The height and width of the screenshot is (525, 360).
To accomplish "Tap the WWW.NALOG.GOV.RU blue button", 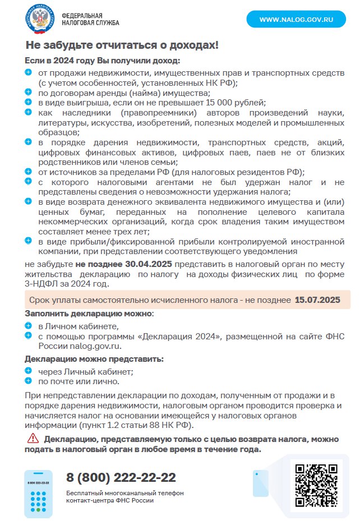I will pos(296,20).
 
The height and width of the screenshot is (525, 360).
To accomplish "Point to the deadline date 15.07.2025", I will pos(317,300).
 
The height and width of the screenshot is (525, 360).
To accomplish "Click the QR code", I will pos(316,485).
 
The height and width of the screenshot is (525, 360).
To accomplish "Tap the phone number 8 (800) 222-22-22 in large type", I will pos(121,477).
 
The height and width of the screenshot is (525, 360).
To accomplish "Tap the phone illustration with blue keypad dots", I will pos(38,493).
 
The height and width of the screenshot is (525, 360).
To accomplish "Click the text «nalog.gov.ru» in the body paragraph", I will pos(96,346).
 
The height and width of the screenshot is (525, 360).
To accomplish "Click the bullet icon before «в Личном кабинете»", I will pos(29,325).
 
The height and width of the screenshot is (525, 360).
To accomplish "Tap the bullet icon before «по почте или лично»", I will pos(29,380).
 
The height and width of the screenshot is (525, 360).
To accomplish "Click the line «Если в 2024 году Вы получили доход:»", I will pos(103,60).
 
